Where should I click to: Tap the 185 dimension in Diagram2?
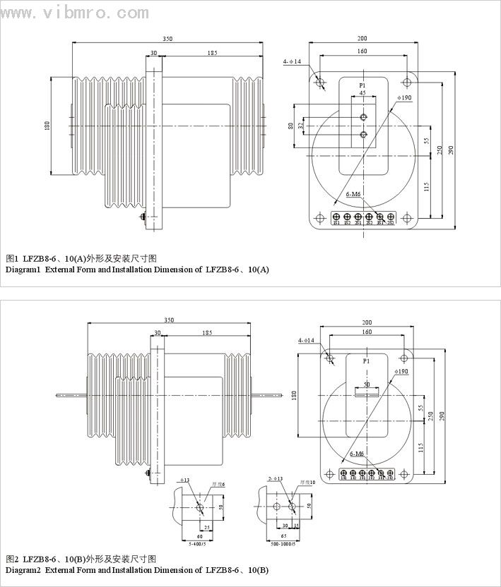(x=207, y=332)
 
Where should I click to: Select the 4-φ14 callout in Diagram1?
(x=292, y=62)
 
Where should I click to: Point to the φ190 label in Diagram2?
(x=403, y=371)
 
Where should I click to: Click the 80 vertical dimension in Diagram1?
(x=291, y=126)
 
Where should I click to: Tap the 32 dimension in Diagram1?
(x=300, y=126)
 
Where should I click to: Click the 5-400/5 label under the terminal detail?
(x=197, y=544)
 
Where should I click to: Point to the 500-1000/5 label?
(x=284, y=544)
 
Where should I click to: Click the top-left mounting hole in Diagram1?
(x=321, y=83)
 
